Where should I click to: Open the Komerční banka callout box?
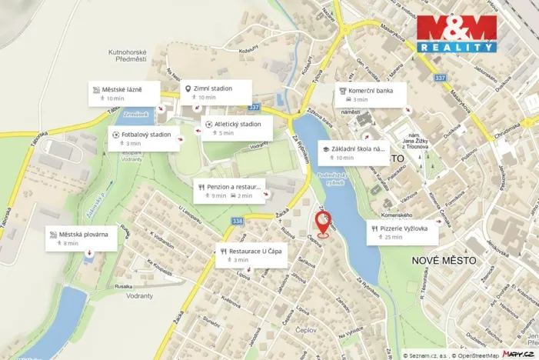click(373, 94)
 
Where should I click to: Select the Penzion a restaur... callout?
click(231, 190)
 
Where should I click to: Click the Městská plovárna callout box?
click(82, 238)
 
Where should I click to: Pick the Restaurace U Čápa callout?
click(251, 255)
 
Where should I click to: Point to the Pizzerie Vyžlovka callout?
click(403, 232)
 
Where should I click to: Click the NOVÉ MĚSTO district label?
click(444, 261)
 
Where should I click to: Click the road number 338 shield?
click(237, 221)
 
